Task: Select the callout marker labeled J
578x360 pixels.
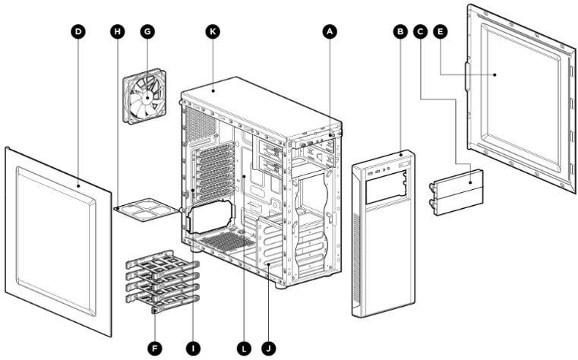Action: tap(268, 347)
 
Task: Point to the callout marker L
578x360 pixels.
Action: tap(244, 347)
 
